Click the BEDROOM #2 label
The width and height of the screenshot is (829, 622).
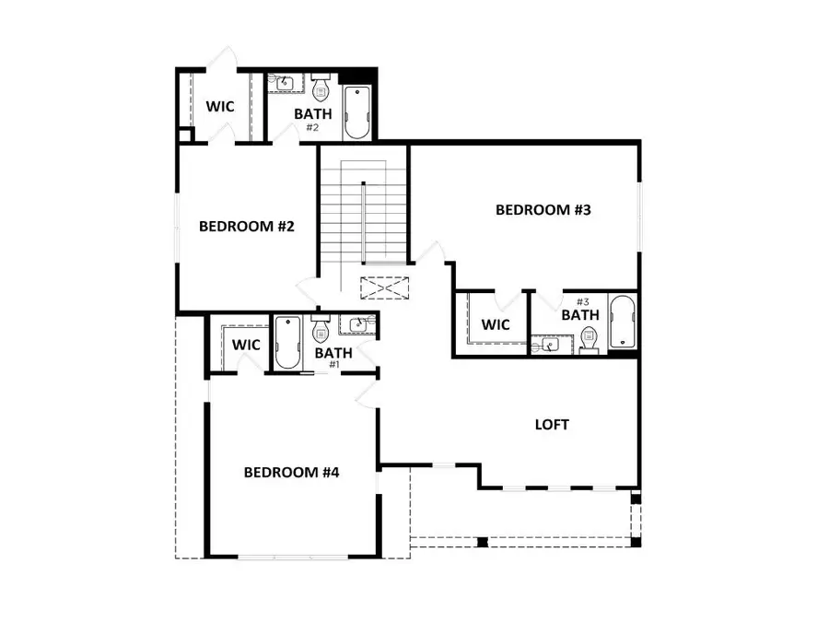[246, 226]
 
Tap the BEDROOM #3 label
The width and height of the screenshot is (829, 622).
[543, 210]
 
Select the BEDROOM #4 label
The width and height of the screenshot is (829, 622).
[292, 473]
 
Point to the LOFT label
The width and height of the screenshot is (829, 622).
[552, 425]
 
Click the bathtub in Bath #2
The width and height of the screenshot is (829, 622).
[356, 112]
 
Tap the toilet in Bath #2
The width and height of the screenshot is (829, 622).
[321, 89]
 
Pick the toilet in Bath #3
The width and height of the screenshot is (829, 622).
[590, 342]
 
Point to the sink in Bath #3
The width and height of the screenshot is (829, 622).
[550, 346]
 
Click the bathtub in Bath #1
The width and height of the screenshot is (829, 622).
[287, 342]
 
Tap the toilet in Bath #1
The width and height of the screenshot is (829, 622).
[321, 329]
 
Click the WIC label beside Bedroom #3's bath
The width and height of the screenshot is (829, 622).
[496, 324]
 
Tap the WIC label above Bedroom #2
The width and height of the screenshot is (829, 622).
[219, 107]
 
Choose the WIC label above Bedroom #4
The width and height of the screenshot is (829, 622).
[246, 345]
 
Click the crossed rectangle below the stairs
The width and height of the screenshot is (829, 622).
[384, 288]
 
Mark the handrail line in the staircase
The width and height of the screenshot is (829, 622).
[365, 222]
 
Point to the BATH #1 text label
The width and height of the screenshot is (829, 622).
[333, 356]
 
